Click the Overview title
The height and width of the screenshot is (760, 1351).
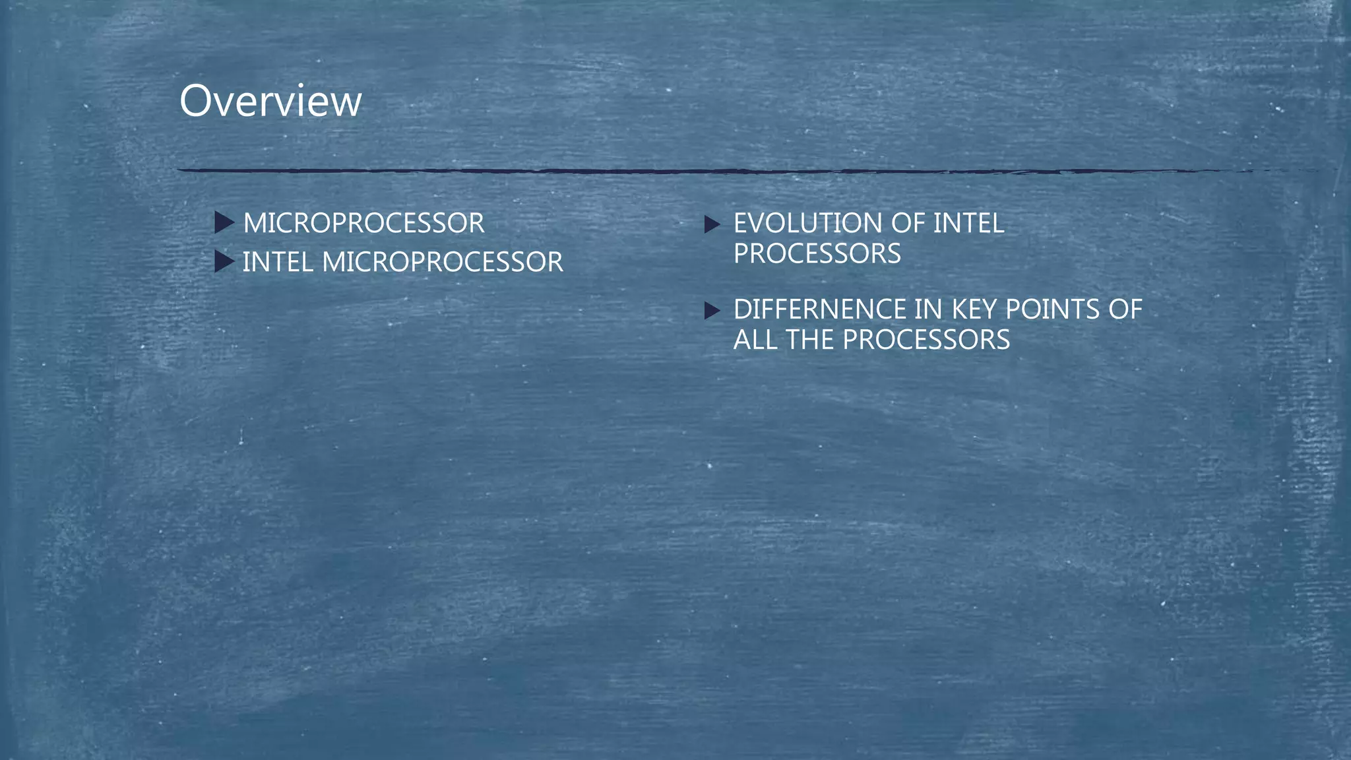270,102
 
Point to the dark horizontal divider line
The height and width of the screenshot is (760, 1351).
660,171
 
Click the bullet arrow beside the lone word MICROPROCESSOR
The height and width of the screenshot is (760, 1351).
224,223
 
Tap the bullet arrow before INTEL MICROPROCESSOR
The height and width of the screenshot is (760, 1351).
224,262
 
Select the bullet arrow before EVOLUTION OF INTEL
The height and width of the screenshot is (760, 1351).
712,224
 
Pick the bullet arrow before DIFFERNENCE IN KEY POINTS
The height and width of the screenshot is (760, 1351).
712,310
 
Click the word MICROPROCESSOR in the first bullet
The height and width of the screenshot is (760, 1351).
363,223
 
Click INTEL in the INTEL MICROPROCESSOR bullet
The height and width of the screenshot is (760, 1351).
278,262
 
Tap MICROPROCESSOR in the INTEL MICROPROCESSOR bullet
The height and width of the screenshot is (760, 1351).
443,262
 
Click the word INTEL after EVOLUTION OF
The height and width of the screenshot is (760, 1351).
968,223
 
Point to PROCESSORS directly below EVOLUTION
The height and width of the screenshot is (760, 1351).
817,254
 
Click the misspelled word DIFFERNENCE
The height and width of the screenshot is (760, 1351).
819,309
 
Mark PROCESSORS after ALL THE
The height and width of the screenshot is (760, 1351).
926,340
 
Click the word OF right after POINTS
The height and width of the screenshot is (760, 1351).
1125,309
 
